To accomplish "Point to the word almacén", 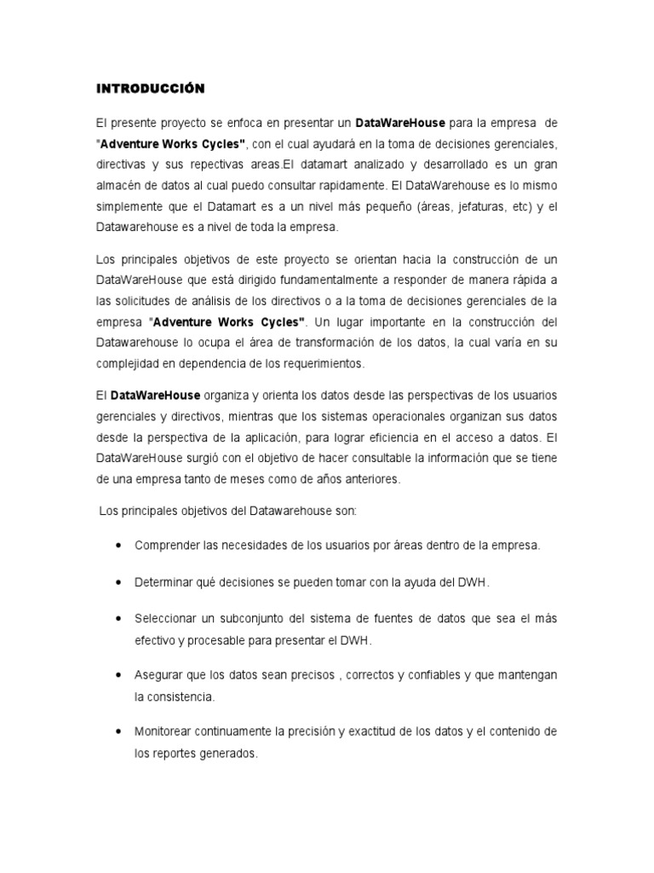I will pos(116,183).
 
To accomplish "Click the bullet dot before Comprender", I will pos(116,544).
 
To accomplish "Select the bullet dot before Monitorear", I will pos(116,731).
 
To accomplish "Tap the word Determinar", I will pos(163,581).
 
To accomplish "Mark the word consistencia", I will pos(183,696).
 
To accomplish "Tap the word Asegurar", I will pos(158,674).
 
